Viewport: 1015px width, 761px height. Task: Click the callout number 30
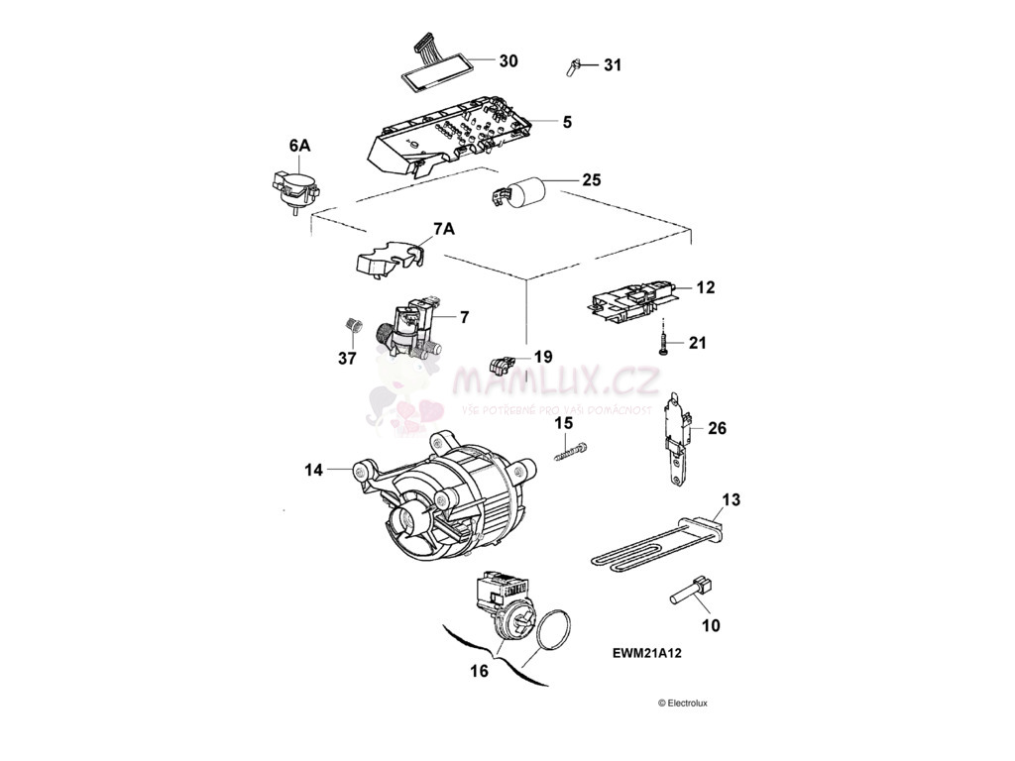point(507,61)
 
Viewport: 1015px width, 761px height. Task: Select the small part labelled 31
point(573,66)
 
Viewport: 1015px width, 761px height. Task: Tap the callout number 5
point(567,123)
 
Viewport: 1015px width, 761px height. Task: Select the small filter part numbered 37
point(349,325)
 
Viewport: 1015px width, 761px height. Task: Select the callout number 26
point(717,429)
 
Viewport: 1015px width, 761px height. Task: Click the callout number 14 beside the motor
point(313,471)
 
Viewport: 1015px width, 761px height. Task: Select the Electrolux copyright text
point(682,704)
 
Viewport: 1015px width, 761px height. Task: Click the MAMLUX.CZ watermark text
point(555,380)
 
